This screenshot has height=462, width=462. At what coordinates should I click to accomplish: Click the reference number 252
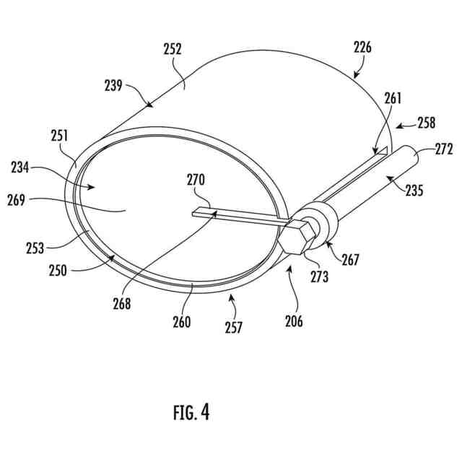(173, 50)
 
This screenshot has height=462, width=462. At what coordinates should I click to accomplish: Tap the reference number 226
(363, 48)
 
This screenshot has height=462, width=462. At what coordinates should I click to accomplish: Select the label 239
(113, 84)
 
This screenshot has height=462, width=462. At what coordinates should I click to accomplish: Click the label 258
(426, 123)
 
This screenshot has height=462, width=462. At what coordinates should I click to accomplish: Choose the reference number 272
(443, 150)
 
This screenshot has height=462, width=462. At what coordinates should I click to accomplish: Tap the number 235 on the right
(414, 191)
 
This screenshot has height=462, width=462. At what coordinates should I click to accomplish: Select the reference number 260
(181, 322)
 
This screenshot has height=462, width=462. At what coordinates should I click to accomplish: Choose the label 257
(232, 327)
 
